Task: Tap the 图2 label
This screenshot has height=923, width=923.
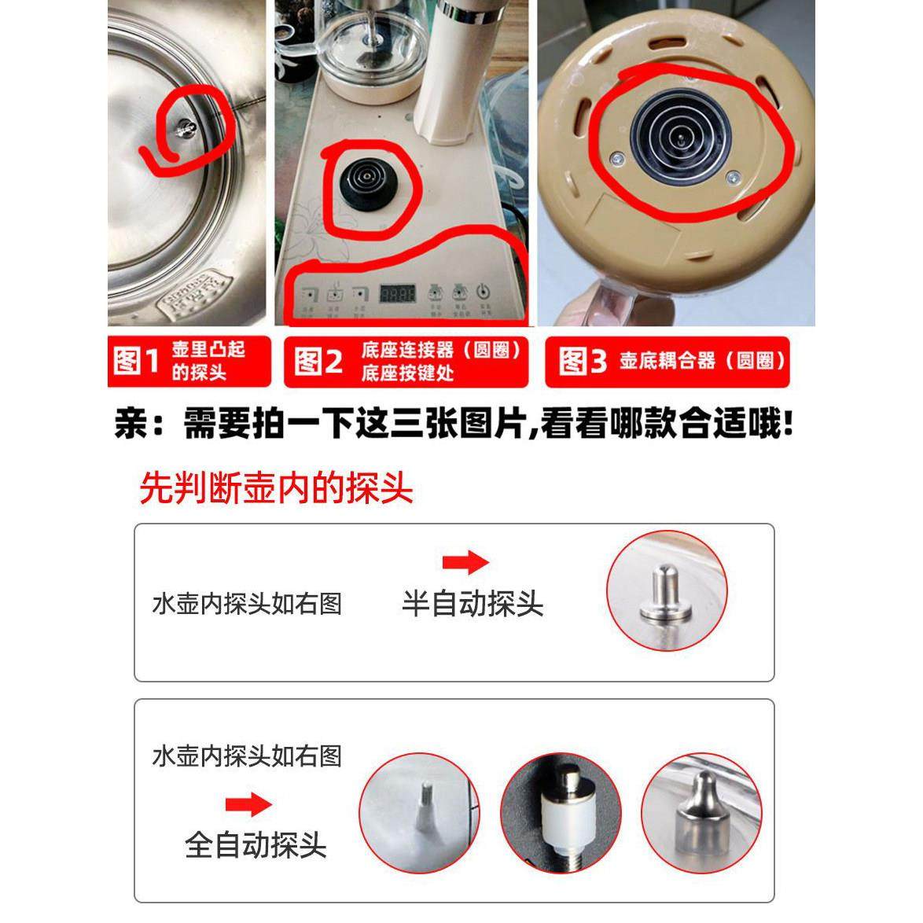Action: click(318, 362)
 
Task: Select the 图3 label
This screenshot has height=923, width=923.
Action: click(583, 362)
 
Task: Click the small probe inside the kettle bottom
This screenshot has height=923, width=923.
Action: click(182, 130)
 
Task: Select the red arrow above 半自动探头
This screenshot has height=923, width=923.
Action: click(465, 563)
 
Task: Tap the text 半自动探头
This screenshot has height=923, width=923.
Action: click(473, 604)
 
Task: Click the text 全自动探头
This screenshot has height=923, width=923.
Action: click(256, 846)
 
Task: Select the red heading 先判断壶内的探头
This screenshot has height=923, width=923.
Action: click(276, 489)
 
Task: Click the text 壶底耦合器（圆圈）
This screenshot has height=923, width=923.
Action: click(701, 362)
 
